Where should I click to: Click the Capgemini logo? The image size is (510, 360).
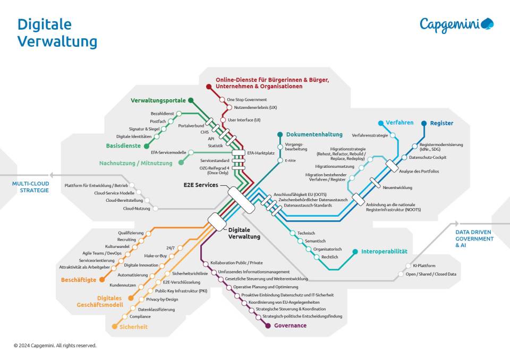[x=456, y=24]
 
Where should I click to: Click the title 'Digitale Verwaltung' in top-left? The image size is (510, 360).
[x=57, y=33]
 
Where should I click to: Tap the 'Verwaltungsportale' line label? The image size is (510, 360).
[x=158, y=100]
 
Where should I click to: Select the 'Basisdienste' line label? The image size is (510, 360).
[x=123, y=145]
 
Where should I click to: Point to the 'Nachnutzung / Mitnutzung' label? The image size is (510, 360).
[x=135, y=163]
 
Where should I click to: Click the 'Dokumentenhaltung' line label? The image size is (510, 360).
[x=314, y=134]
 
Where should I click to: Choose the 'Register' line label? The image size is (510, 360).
[x=441, y=123]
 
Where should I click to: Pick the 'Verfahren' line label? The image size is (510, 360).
[x=399, y=123]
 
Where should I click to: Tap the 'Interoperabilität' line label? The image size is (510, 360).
[x=384, y=251]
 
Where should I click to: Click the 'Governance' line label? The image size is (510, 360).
[x=290, y=325]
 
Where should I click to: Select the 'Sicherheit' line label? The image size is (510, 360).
[x=133, y=327]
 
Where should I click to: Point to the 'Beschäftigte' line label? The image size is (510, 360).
[x=79, y=279]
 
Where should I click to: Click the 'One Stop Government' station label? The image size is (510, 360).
[x=247, y=99]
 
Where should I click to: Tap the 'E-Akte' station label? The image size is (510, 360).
[x=290, y=160]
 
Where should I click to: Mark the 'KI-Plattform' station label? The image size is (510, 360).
[x=424, y=265]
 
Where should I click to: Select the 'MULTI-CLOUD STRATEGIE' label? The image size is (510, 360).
[x=30, y=187]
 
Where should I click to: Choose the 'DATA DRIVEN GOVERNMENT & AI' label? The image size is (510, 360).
[x=474, y=238]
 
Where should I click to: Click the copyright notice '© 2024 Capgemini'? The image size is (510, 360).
[x=55, y=346]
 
